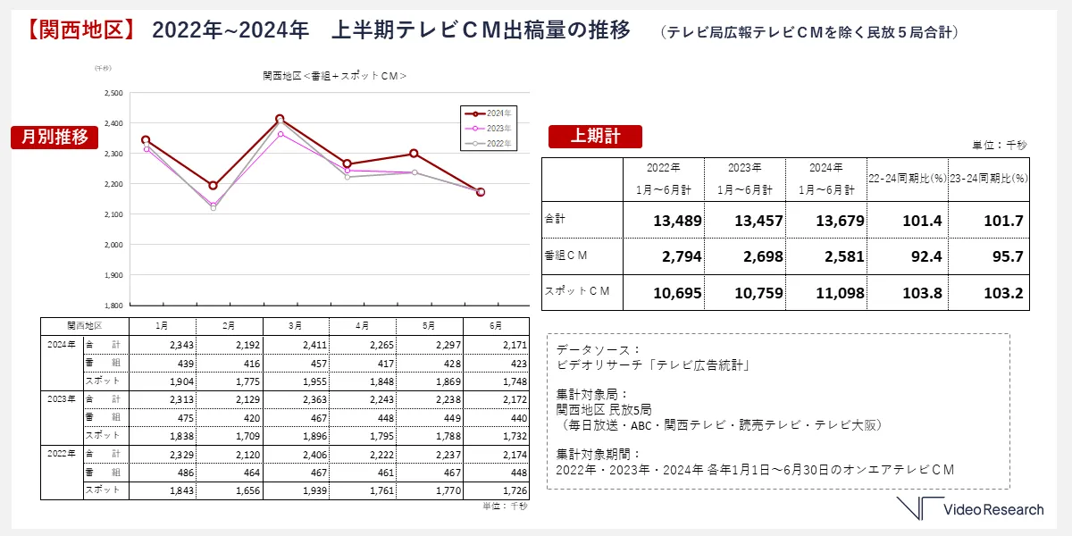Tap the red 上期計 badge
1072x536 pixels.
pyautogui.click(x=596, y=136)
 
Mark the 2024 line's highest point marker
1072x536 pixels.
pyautogui.click(x=280, y=119)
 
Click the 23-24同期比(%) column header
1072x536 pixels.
pyautogui.click(x=988, y=179)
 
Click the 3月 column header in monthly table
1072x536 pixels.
pyautogui.click(x=296, y=325)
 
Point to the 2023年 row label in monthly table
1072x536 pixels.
pyautogui.click(x=62, y=399)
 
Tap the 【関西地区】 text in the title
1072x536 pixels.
pyautogui.click(x=78, y=30)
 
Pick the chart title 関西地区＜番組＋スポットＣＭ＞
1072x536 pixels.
pyautogui.click(x=335, y=76)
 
